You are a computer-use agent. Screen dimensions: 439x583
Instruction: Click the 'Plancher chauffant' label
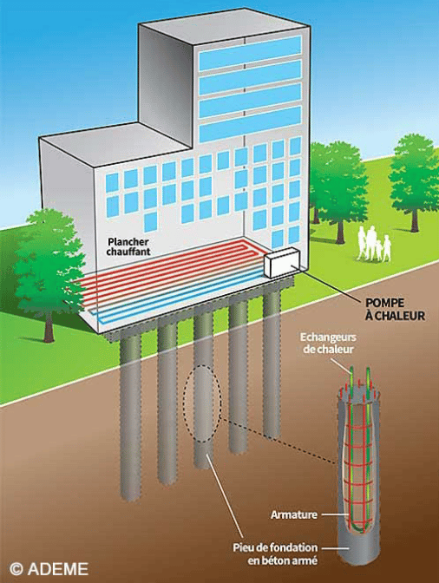point(128,247)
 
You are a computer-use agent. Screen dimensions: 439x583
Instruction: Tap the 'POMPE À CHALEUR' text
point(395,310)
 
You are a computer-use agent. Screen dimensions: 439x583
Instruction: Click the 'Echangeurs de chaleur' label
point(328,344)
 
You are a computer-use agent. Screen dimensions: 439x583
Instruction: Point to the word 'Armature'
point(294,515)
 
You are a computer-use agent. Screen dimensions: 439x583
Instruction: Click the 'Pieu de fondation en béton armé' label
point(275,554)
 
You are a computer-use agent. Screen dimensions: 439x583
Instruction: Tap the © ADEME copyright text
point(49,569)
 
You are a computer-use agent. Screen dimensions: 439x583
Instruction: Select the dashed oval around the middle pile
point(203,403)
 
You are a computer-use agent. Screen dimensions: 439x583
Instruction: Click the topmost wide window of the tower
point(250,53)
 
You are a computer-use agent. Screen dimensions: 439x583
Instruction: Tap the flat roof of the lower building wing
point(115,144)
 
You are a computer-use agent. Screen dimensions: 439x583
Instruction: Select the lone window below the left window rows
point(150,222)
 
